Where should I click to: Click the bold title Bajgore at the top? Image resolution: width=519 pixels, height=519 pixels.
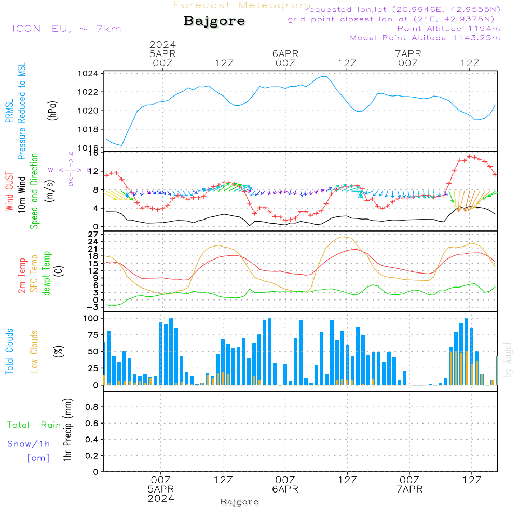click(214, 21)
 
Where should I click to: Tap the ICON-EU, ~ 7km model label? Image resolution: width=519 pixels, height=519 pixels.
click(66, 29)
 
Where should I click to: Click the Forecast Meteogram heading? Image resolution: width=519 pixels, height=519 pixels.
click(242, 5)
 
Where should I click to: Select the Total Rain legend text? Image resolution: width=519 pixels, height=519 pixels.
click(34, 425)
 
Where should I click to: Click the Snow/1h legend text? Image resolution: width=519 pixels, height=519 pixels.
click(29, 444)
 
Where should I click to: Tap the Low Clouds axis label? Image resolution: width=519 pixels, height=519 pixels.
click(34, 351)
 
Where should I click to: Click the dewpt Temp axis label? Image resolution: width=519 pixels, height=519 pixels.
click(47, 274)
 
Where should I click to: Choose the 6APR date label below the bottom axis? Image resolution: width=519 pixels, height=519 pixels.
click(285, 489)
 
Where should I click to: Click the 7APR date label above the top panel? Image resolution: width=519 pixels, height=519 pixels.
click(408, 53)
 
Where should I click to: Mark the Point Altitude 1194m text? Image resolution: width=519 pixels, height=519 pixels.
click(448, 29)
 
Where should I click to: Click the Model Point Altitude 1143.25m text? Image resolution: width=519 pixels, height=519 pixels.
click(425, 38)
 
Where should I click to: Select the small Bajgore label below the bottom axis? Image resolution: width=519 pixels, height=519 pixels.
click(239, 502)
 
